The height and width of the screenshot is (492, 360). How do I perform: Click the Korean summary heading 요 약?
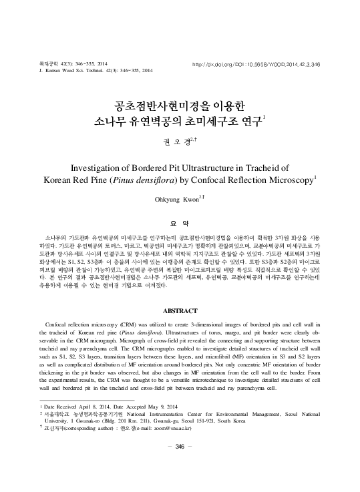pos(180,224)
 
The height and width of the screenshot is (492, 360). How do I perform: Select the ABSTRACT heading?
pos(180,311)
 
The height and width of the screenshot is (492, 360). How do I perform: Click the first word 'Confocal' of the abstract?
pos(57,323)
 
